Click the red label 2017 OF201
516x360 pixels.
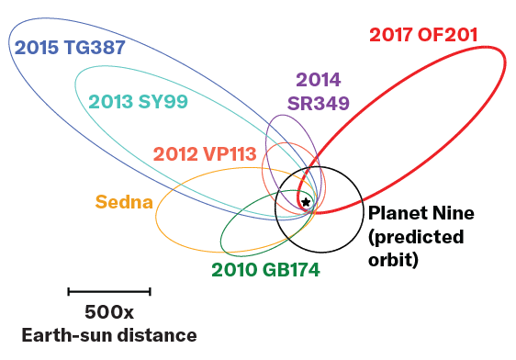[x=423, y=36]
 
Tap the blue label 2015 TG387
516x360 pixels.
[x=68, y=47]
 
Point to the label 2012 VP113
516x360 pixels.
[x=204, y=153]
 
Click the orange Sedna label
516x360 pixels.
[x=124, y=202]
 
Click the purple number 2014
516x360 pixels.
[x=319, y=81]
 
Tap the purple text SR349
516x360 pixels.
[x=319, y=102]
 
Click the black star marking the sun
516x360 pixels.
[x=306, y=202]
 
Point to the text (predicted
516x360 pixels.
[x=416, y=237]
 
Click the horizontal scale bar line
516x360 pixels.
[x=109, y=292]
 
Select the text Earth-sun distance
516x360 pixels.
[x=109, y=334]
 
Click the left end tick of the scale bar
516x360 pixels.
[x=69, y=292]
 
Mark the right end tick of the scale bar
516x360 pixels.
[x=150, y=292]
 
